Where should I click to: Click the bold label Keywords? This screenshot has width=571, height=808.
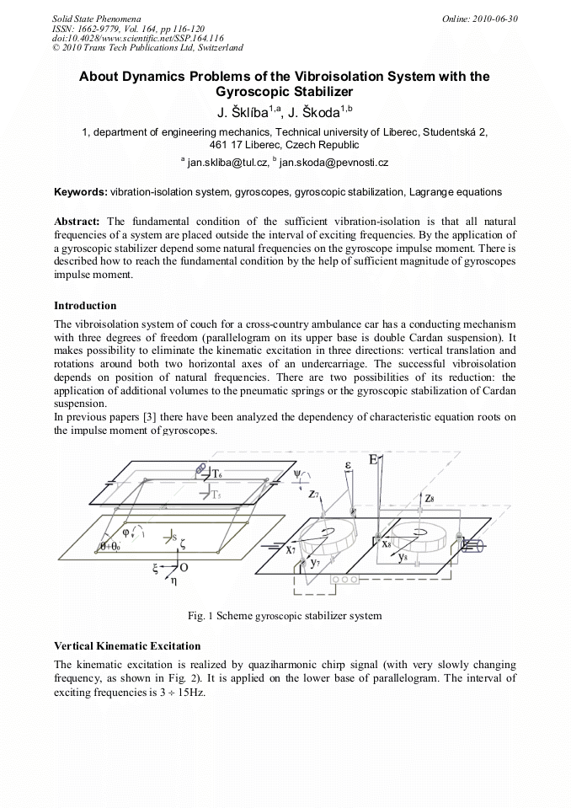coord(80,192)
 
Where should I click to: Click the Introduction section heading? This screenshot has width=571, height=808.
coord(85,305)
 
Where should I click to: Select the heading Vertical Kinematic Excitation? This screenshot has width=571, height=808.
coord(127,645)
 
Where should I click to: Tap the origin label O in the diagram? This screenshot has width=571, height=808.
coord(184,570)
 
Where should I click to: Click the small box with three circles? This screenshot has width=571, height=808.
coord(345,580)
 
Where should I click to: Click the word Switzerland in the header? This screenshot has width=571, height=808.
coord(216,48)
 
